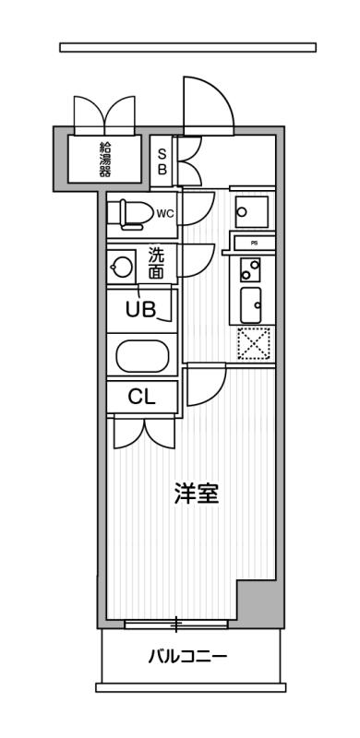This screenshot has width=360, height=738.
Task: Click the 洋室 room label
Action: pyautogui.click(x=196, y=494)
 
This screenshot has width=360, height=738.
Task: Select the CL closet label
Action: pyautogui.click(x=140, y=398)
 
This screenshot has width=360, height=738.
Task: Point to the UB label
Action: pyautogui.click(x=141, y=310)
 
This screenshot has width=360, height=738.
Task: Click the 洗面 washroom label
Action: pyautogui.click(x=156, y=264)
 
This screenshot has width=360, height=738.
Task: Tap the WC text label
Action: pyautogui.click(x=164, y=214)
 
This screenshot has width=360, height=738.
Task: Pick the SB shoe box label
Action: pyautogui.click(x=162, y=162)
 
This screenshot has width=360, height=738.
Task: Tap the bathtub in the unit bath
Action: pyautogui.click(x=141, y=356)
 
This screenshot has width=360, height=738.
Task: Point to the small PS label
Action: pyautogui.click(x=253, y=243)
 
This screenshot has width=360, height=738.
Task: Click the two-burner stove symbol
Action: pyautogui.click(x=250, y=269)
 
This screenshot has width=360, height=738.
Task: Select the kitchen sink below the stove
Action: pyautogui.click(x=251, y=303)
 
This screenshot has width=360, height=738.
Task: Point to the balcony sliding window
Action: pyautogui.click(x=175, y=625)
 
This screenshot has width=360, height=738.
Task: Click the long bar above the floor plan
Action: pyautogui.click(x=187, y=47)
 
